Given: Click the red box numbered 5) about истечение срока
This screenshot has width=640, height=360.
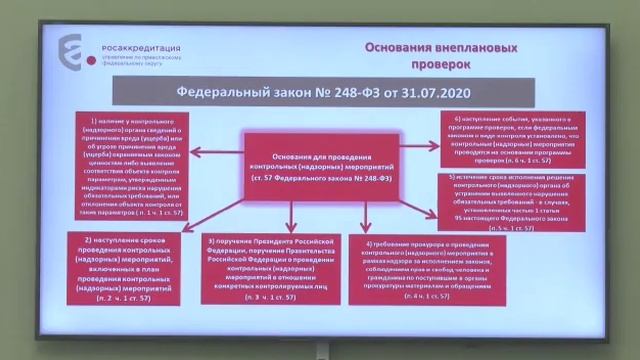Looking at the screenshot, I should point(503,202).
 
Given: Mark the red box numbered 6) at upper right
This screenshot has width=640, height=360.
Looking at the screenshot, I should point(503,138).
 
